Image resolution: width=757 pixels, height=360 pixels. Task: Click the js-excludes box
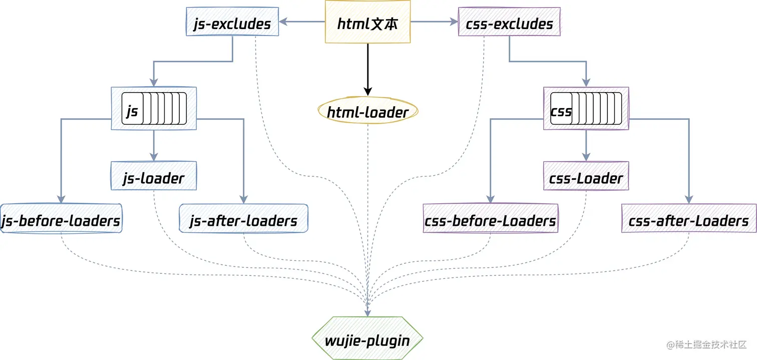(232, 22)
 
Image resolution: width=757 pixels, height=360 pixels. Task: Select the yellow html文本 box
(367, 22)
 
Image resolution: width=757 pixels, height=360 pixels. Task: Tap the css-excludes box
(509, 22)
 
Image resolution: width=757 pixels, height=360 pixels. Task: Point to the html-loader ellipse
(367, 111)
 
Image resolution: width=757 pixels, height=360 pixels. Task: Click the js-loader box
(154, 176)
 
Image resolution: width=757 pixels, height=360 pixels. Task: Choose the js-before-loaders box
(61, 218)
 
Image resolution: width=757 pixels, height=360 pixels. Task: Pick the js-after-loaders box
(243, 218)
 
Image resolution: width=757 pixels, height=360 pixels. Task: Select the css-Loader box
(586, 176)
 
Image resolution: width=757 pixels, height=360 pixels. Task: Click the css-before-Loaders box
(490, 218)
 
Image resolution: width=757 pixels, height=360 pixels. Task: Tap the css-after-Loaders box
(689, 218)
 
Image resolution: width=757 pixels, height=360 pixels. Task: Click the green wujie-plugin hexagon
(367, 338)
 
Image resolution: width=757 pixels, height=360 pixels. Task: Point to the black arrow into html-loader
(367, 70)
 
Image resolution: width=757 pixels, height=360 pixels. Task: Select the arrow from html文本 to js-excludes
(302, 22)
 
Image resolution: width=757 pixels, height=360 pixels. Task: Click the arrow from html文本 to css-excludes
(434, 22)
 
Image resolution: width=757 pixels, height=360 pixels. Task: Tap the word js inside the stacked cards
(132, 111)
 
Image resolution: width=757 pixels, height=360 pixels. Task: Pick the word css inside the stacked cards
(561, 111)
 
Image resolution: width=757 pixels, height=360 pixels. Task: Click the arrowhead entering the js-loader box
(154, 157)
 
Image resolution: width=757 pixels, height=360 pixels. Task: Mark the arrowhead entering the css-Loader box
(586, 157)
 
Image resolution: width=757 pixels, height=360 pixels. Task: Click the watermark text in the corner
(706, 345)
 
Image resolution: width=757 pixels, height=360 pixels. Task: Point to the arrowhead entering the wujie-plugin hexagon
(367, 312)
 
